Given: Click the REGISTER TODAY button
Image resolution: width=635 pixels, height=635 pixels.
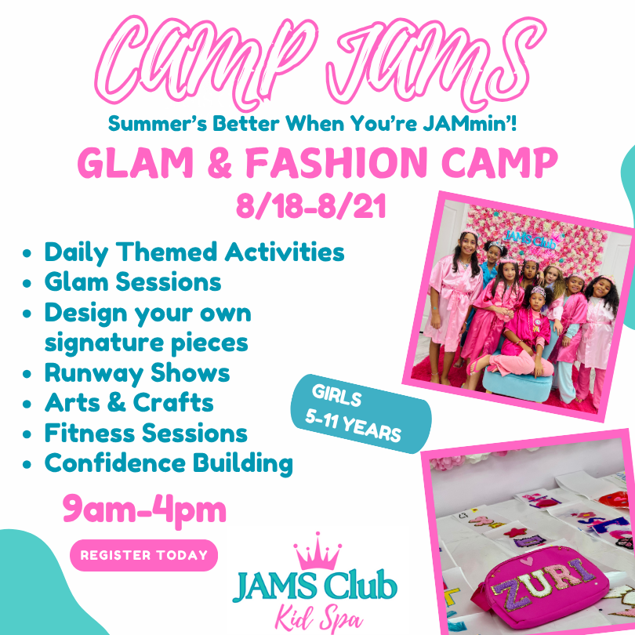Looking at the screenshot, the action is (x=143, y=555).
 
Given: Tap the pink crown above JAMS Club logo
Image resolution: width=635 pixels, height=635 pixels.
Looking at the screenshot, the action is (x=318, y=551).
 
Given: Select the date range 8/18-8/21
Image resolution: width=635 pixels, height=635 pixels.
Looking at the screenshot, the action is (x=311, y=206).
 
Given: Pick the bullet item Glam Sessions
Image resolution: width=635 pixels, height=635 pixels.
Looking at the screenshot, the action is (x=132, y=282).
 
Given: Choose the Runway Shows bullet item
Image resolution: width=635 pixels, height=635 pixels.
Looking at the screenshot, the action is (x=137, y=373).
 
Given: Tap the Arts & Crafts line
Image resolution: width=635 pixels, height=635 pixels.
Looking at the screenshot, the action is (x=129, y=402).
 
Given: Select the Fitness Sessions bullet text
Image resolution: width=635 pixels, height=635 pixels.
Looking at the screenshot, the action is (x=146, y=433).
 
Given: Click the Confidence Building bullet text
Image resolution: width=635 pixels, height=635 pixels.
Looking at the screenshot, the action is (x=169, y=463).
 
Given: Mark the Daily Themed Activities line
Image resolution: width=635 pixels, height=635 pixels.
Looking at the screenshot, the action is (x=194, y=252).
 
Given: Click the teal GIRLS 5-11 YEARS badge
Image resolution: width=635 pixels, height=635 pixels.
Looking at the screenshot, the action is (x=361, y=414).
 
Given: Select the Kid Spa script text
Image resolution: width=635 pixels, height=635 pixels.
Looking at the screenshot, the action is (x=319, y=618).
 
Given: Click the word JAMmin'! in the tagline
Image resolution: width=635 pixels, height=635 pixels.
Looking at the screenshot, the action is (x=470, y=124).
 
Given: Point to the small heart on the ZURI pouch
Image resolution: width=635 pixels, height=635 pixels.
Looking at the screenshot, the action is (x=527, y=561).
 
